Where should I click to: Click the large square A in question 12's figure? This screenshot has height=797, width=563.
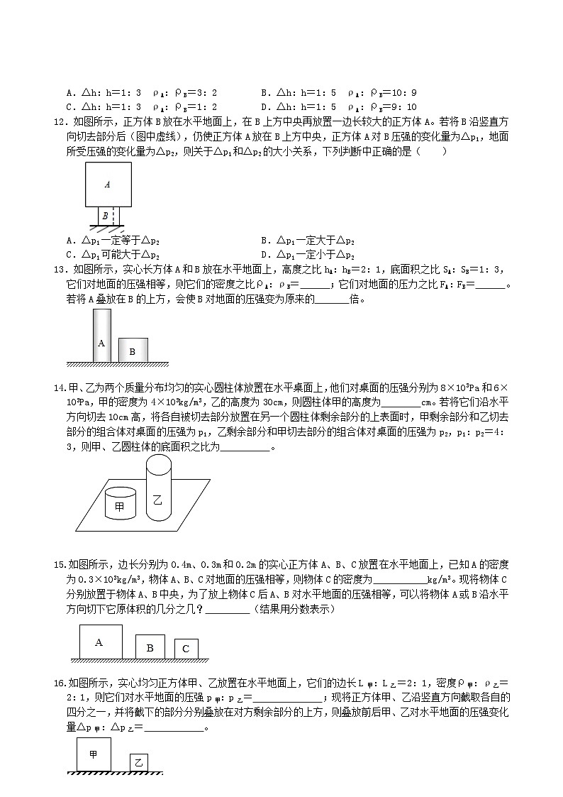click(108, 184)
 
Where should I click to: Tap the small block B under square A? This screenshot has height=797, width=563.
click(105, 216)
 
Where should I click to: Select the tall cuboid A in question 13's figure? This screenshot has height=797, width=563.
click(101, 335)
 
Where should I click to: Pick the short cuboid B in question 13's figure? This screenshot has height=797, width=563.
click(133, 349)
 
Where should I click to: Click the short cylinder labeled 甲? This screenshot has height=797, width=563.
click(119, 505)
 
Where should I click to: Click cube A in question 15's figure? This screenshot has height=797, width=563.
click(99, 642)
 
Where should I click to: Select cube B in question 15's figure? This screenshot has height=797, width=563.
click(150, 647)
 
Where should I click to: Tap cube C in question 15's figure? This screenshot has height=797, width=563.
click(186, 649)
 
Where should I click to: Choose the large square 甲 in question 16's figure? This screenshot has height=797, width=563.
click(93, 754)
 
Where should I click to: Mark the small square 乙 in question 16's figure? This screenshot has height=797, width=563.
click(139, 762)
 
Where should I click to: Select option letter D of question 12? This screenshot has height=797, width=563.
click(264, 254)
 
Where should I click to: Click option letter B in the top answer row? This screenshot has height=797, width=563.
click(264, 92)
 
